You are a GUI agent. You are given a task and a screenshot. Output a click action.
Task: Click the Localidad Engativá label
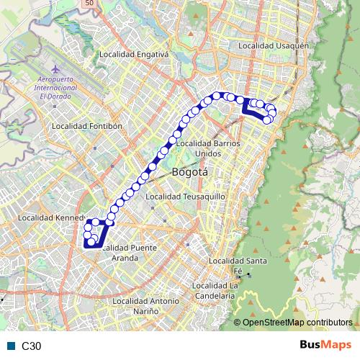tap(133, 53)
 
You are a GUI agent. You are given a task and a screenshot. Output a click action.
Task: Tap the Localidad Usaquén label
tap(273, 45)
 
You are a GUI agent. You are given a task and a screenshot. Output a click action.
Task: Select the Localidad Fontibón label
tap(88, 125)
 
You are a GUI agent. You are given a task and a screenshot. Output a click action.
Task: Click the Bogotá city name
tap(190, 172)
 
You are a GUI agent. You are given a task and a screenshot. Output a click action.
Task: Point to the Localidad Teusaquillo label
tap(186, 196)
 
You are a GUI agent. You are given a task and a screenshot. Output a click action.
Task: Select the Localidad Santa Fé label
tap(236, 265)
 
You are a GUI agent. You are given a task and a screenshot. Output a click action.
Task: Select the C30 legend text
tap(32, 346)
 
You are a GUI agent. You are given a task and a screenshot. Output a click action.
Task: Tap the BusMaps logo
tap(325, 345)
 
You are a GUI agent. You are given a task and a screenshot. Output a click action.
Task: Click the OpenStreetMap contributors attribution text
tap(297, 323)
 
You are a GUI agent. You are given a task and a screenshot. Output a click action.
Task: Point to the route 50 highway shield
tap(89, 4)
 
